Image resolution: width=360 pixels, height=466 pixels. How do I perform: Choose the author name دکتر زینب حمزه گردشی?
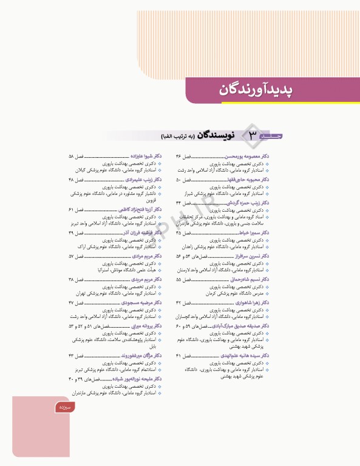252,203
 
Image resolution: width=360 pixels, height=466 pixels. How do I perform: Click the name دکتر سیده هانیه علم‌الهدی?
250,355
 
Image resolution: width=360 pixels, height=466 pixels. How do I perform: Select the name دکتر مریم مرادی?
146,256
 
